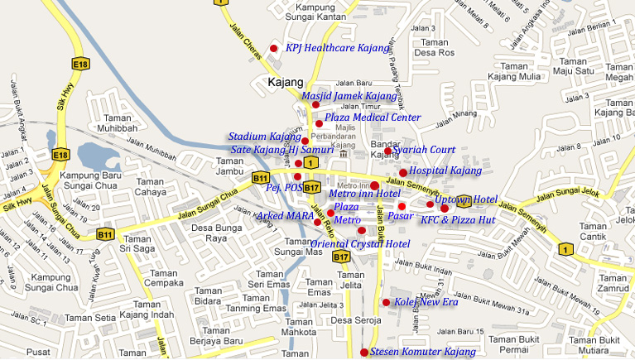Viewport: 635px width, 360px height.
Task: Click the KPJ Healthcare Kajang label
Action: point(337,48)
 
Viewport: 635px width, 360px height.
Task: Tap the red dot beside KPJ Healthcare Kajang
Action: point(274,48)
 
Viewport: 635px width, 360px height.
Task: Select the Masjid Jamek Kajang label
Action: point(349,96)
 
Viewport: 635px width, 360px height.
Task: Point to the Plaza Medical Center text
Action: point(373,118)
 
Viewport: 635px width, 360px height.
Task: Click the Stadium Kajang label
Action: point(264,136)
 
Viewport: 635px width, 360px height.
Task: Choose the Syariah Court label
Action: point(426,150)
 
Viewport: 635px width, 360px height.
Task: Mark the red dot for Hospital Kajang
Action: point(403,172)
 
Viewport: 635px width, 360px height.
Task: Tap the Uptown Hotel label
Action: point(465,199)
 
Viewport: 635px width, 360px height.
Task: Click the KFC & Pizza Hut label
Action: point(457,220)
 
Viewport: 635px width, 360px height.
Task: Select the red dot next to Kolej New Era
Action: point(386,302)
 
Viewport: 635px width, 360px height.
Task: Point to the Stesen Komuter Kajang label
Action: point(422,353)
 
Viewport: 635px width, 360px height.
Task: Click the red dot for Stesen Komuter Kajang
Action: point(364,353)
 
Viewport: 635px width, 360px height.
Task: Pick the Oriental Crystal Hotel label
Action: point(360,243)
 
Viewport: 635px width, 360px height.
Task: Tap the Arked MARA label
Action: point(285,215)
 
